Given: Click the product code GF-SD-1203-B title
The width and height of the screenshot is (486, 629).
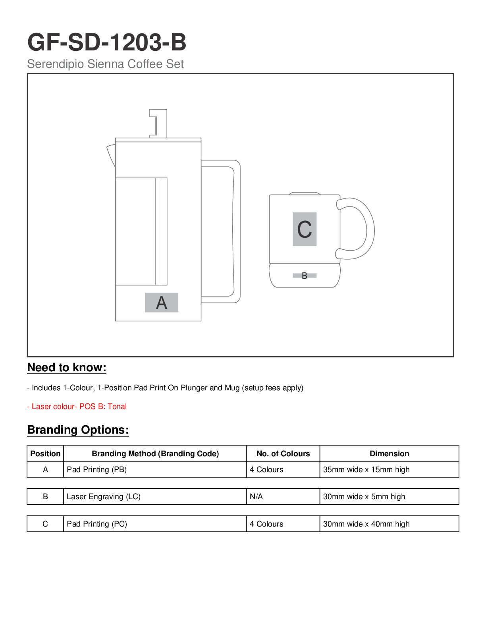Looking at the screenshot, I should (106, 42).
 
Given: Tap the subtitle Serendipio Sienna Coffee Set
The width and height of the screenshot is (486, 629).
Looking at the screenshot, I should (105, 64).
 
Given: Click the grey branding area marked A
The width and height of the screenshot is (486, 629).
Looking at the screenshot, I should (161, 303).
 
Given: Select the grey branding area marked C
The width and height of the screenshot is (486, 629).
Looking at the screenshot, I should (305, 229).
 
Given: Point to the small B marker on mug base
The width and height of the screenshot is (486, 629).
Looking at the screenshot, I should (305, 276).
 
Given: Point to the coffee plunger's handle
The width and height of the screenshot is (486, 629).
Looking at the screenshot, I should (236, 230).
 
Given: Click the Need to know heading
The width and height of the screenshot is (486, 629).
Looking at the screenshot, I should (67, 367).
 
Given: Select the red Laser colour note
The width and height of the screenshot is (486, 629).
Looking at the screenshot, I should (77, 406).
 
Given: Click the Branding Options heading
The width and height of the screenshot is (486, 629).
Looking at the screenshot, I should (78, 430).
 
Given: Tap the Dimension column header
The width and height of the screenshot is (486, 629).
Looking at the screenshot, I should (389, 453).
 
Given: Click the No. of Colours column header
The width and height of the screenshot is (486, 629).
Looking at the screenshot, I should (283, 453).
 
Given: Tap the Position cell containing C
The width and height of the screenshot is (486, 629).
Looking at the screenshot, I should (45, 524).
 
